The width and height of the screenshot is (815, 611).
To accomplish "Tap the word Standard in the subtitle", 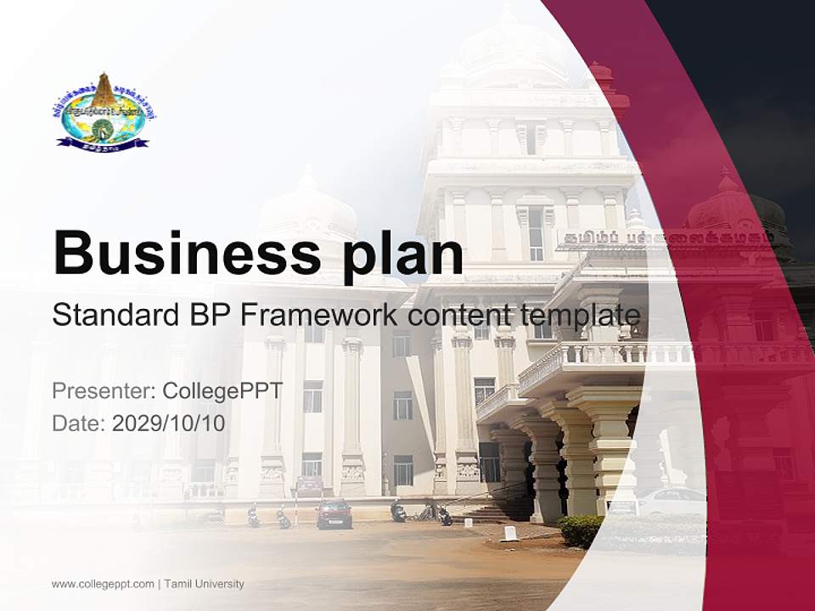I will (x=115, y=315).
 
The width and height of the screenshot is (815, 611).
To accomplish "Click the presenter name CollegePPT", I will (x=222, y=391).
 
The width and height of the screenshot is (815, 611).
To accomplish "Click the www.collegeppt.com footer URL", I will (x=103, y=584).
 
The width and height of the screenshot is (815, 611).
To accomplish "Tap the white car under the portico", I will (x=671, y=501).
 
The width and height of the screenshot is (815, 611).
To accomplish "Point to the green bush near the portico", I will (x=581, y=530).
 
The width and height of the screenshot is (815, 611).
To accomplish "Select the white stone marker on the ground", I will (x=510, y=533).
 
